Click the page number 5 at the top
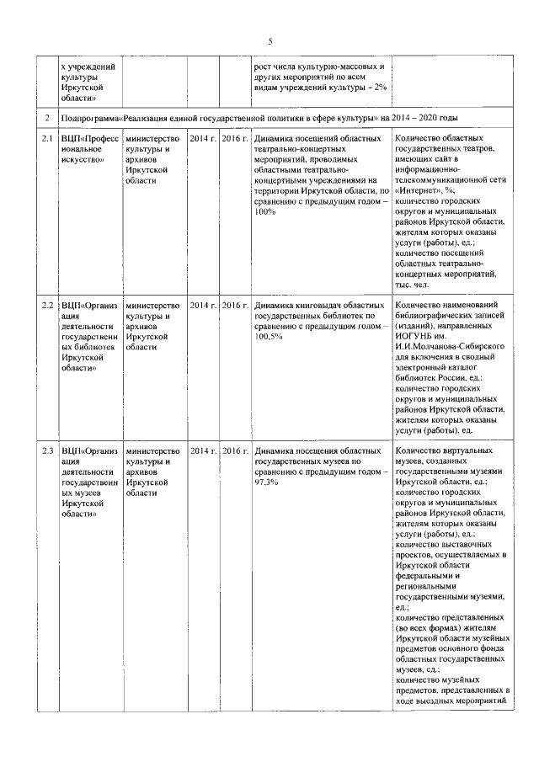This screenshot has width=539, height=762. tap(270, 41)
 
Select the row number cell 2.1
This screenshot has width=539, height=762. tap(49, 137)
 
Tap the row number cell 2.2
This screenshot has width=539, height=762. tap(49, 305)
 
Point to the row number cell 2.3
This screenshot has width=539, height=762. tap(49, 451)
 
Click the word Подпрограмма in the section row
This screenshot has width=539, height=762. tap(92, 118)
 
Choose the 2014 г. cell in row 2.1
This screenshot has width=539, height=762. tap(203, 137)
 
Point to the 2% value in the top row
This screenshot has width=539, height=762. tap(379, 88)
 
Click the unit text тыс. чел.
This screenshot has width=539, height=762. tap(414, 284)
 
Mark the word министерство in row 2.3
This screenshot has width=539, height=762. tap(152, 451)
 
